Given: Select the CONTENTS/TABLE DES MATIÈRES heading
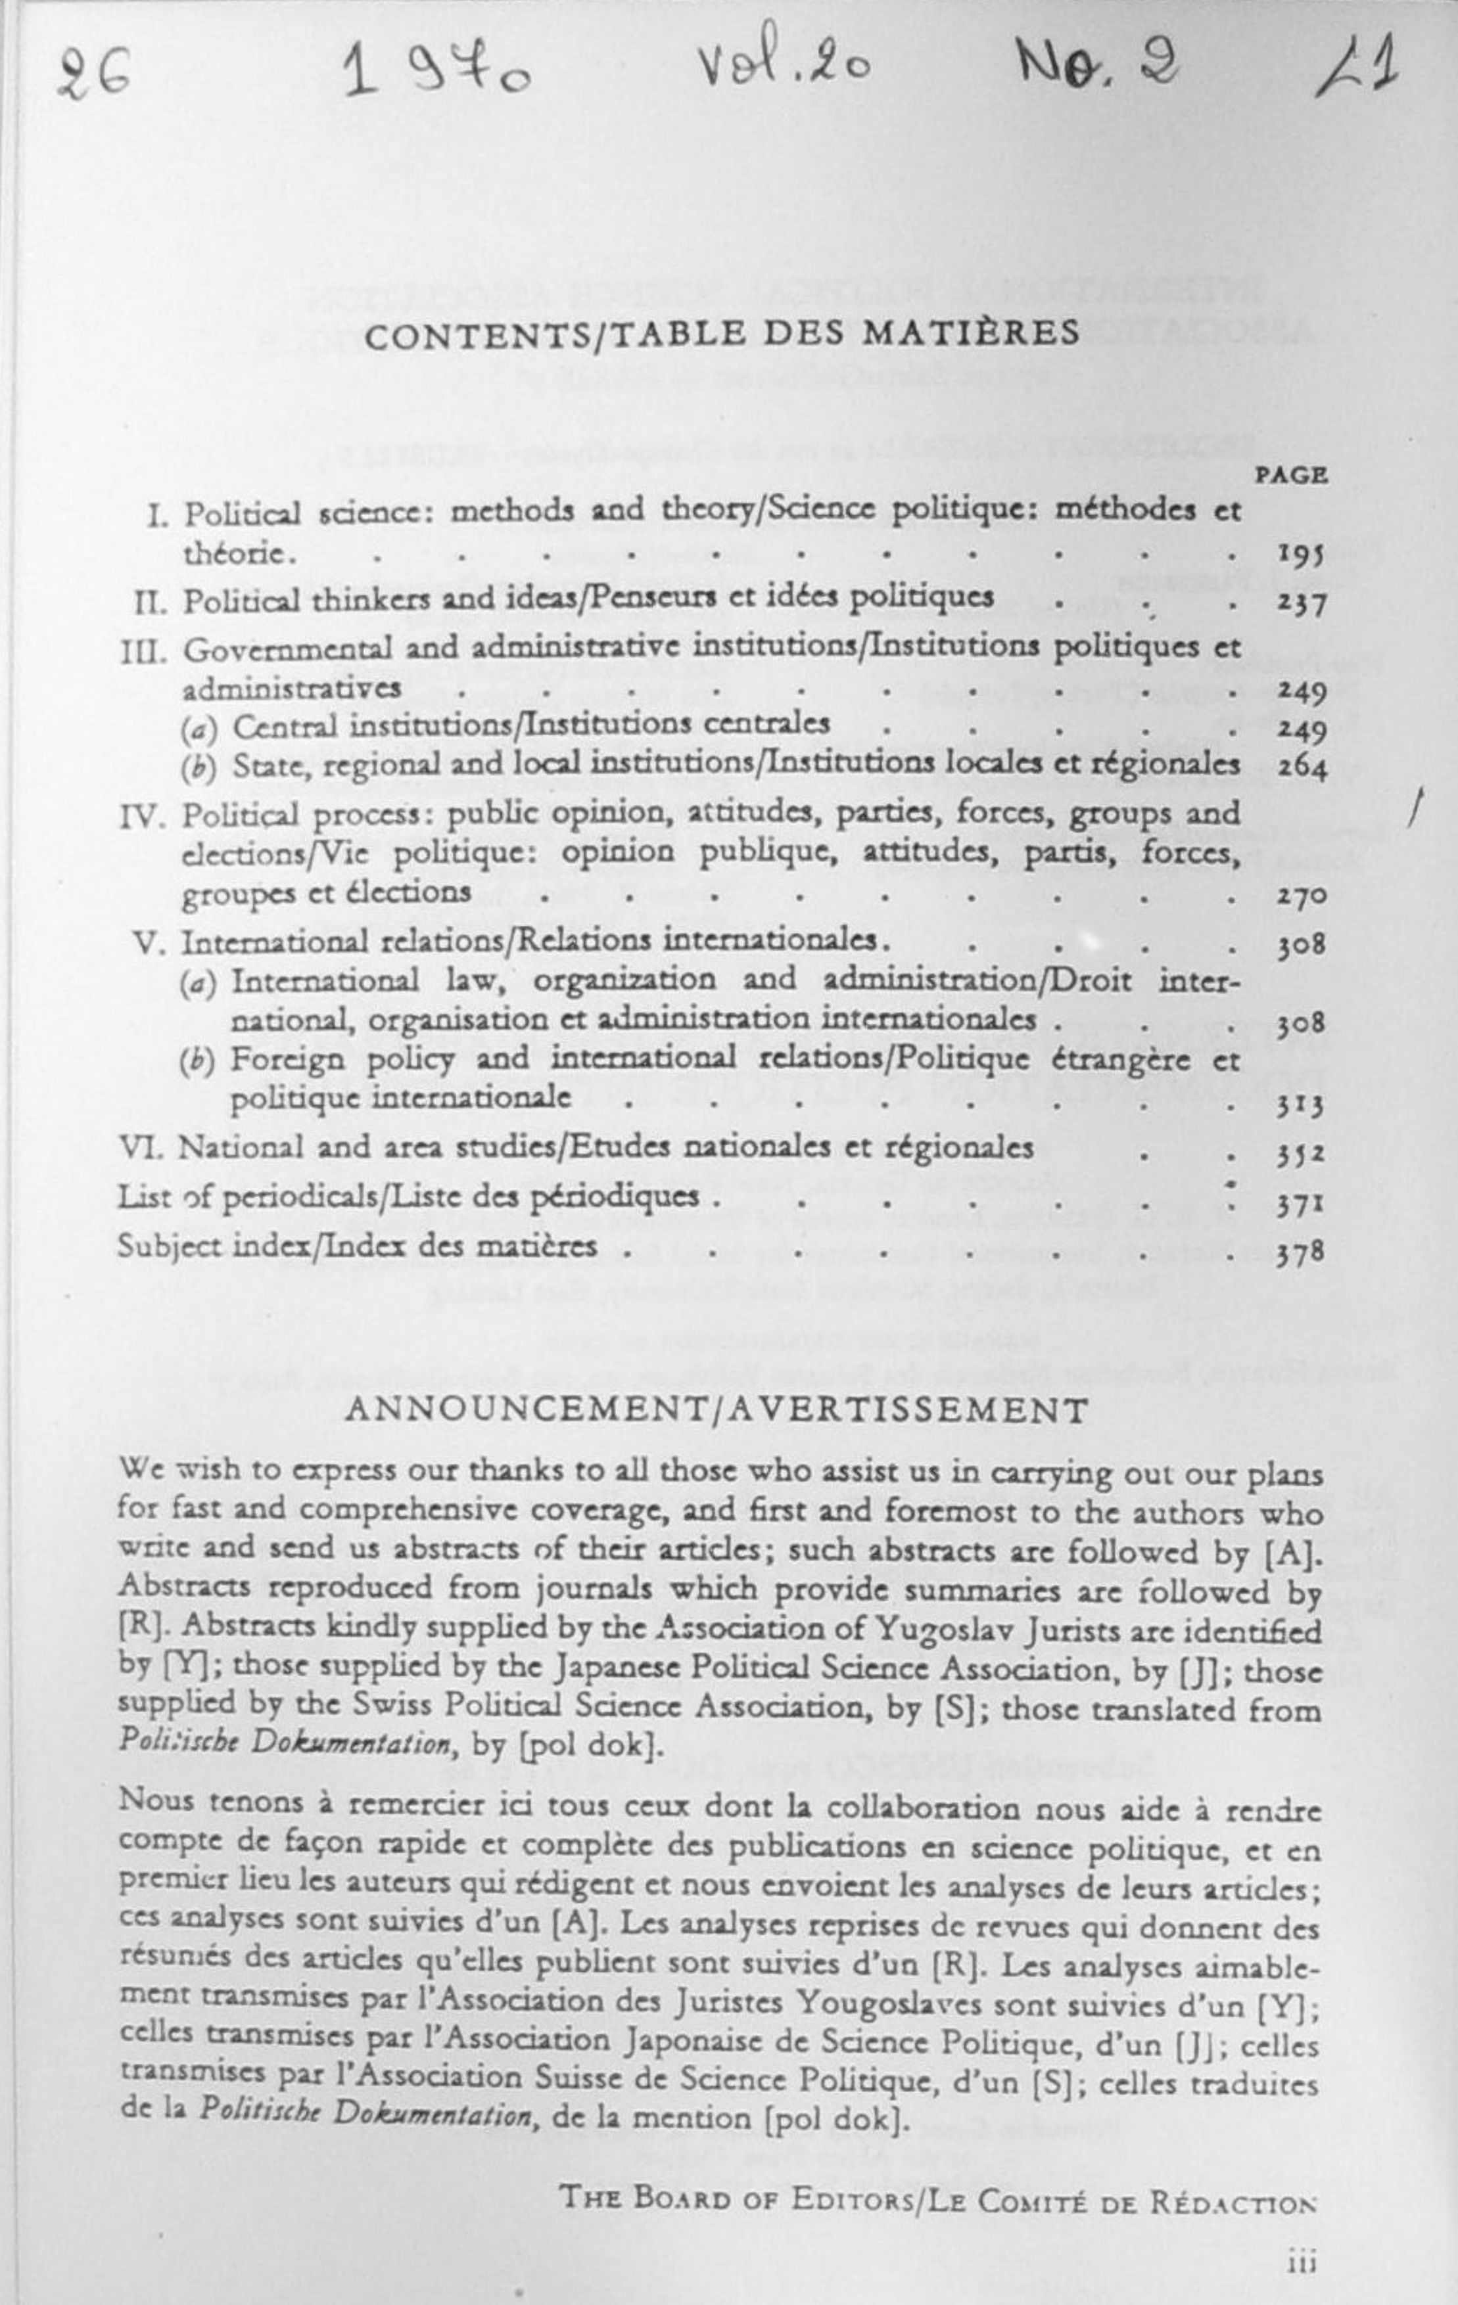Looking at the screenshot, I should coord(723,332).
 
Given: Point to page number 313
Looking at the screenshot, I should coord(1300,1107).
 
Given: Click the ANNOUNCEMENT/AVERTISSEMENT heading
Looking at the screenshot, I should coord(715,1411).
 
